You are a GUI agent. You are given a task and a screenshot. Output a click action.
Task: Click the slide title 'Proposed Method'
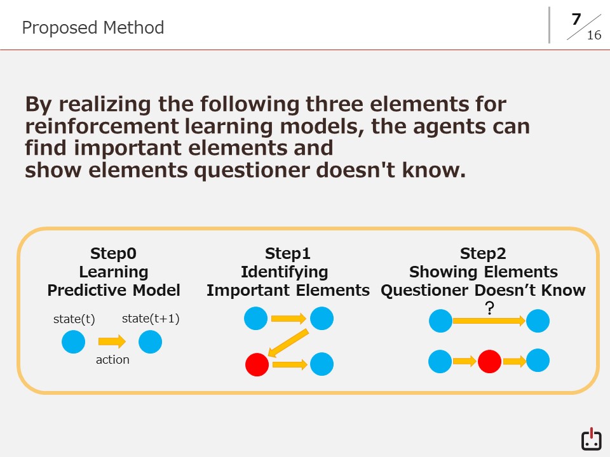pos(93,28)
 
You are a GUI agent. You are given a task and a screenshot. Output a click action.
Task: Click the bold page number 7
pos(576,20)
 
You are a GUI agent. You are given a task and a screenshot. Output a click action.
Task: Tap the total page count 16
pos(594,36)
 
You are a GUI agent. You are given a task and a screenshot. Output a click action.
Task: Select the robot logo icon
pos(592,439)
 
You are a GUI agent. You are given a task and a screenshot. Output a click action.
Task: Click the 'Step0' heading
pos(113,253)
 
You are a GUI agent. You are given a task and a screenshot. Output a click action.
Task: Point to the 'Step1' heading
pos(287,253)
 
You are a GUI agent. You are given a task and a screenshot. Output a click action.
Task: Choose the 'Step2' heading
pos(483,253)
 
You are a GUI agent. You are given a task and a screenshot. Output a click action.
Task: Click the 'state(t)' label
pos(74,319)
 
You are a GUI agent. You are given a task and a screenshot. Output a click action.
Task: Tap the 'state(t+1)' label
pos(151,319)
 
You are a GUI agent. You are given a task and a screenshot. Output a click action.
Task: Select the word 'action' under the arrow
pos(112,360)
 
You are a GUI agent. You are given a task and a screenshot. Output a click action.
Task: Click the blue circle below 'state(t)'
pos(73,342)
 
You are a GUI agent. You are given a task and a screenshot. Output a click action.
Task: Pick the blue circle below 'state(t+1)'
pos(150,342)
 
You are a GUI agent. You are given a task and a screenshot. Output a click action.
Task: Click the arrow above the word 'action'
pos(112,341)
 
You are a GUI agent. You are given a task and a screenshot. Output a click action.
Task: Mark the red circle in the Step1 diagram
pos(257,364)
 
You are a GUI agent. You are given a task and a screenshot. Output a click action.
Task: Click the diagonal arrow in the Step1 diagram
pos(288,343)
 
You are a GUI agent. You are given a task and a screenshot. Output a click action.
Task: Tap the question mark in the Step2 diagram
pos(490,308)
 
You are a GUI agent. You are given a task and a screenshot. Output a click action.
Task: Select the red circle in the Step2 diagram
pos(489,361)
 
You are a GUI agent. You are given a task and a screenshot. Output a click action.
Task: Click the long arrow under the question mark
pos(489,321)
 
